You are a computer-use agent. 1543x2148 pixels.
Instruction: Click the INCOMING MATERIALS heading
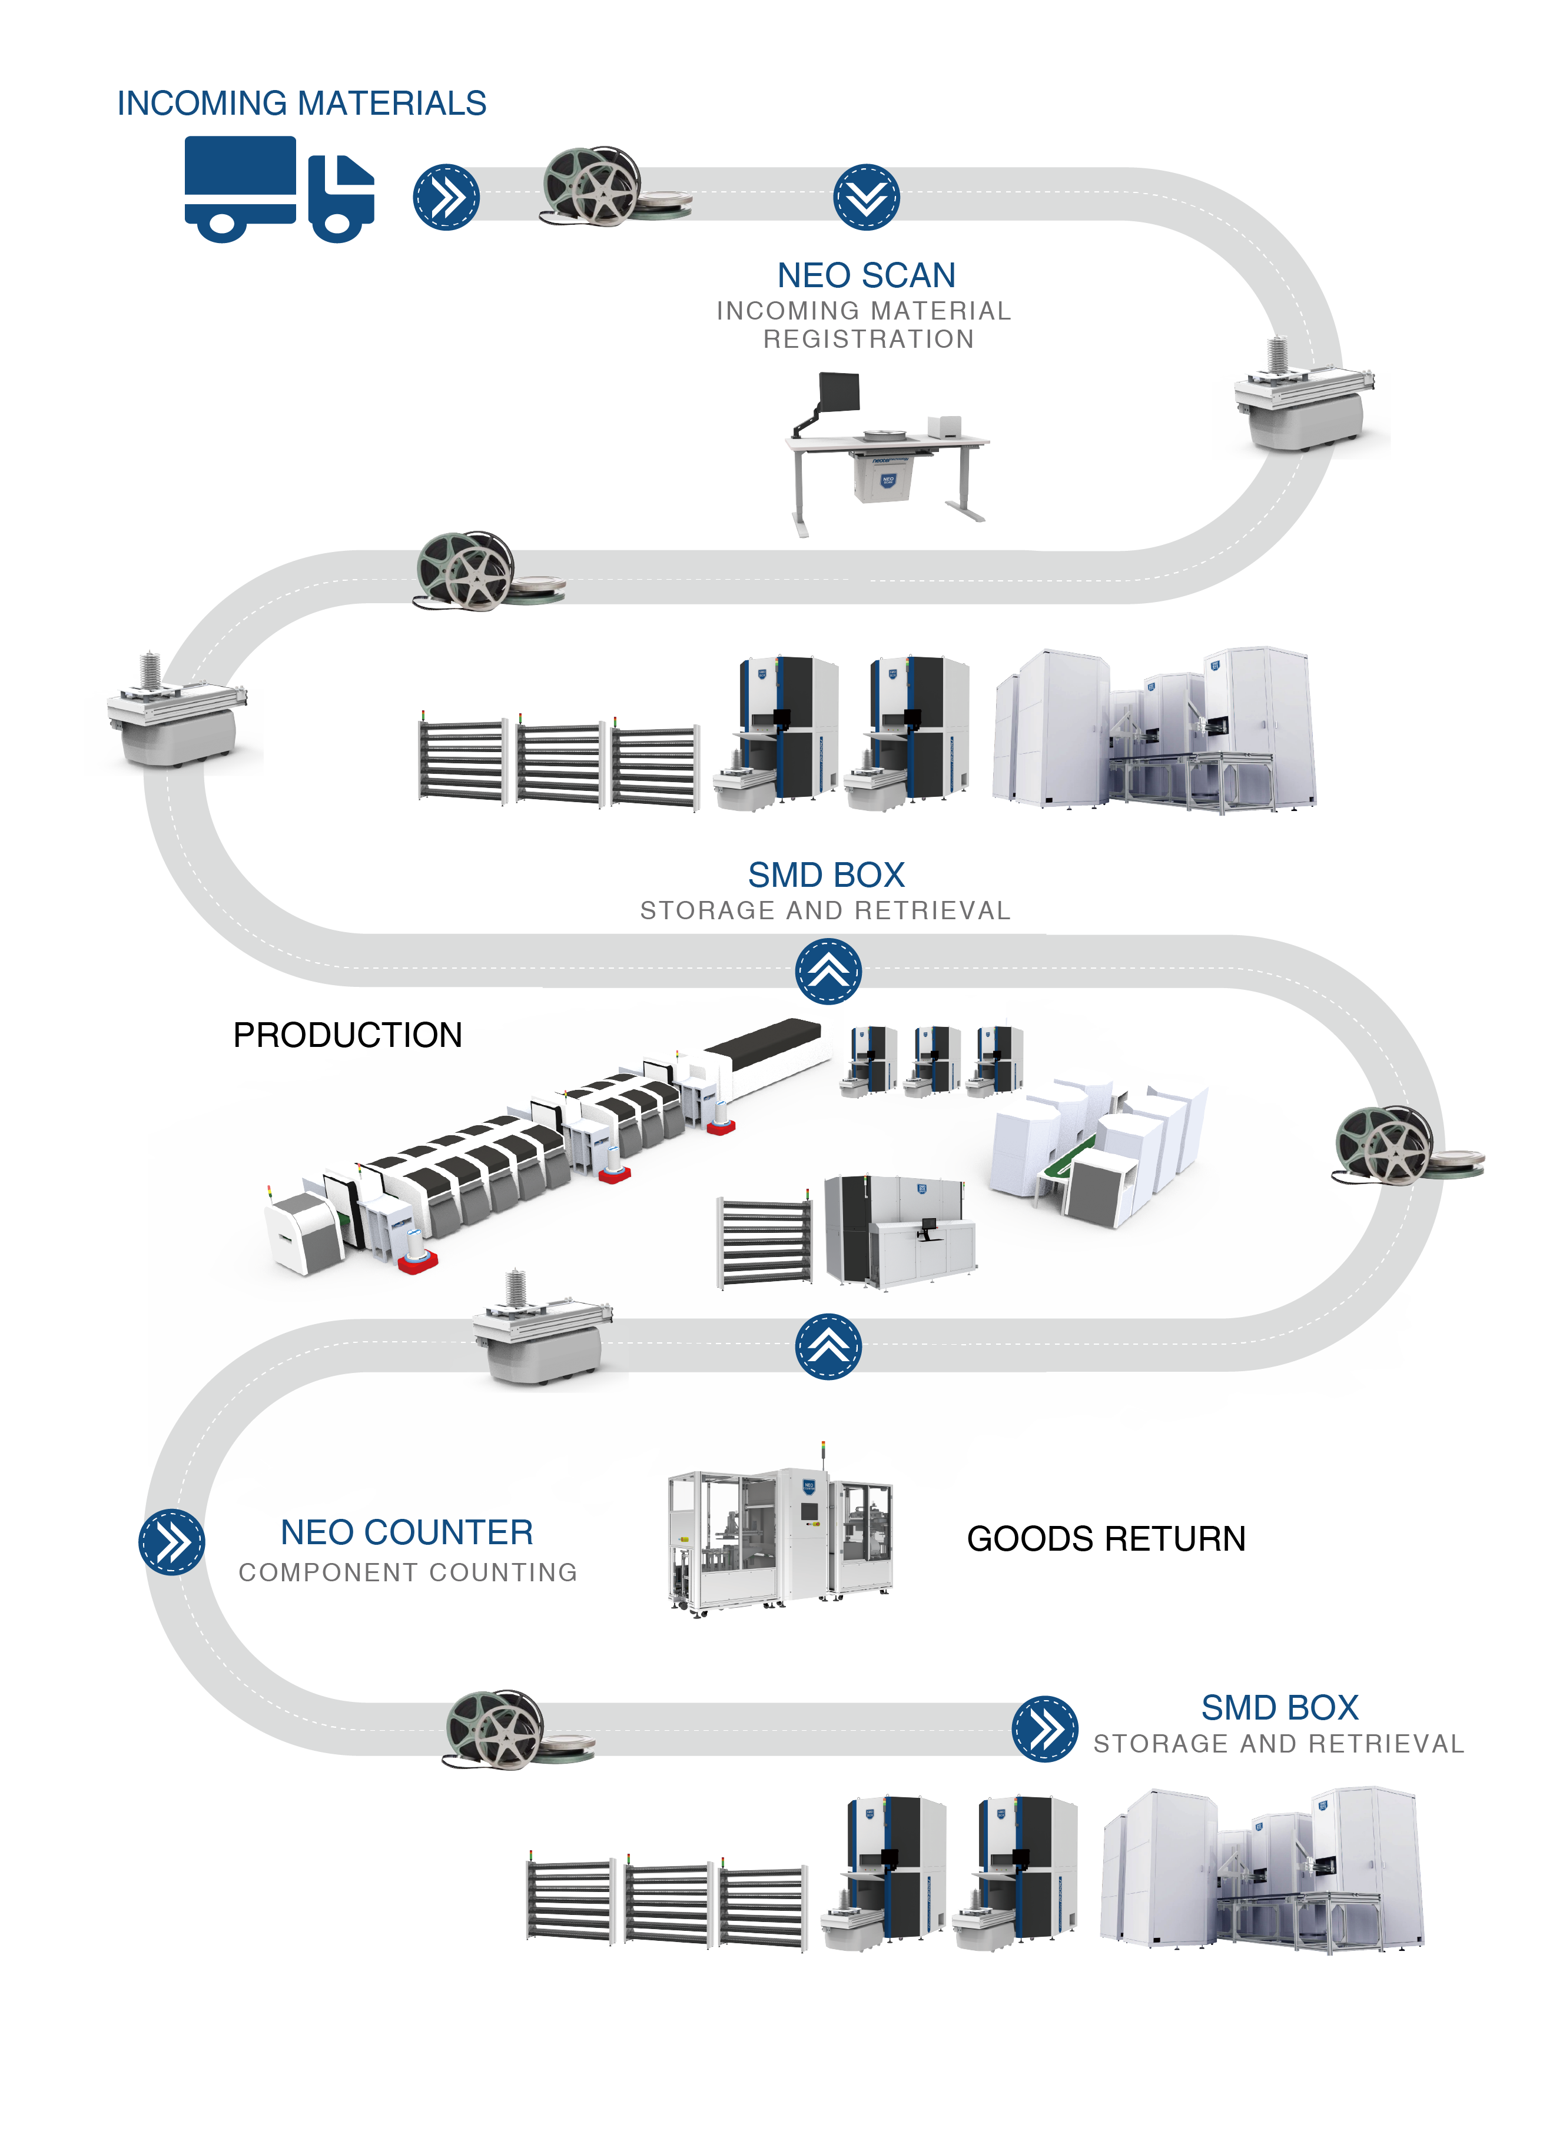[301, 103]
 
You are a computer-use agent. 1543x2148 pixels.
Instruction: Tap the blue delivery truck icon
[278, 189]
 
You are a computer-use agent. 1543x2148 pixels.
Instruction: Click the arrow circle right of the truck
[445, 197]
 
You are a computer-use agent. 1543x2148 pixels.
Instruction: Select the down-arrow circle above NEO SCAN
[866, 197]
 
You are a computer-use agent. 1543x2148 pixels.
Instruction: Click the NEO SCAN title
[866, 275]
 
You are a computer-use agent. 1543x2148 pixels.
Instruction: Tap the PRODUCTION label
[347, 1035]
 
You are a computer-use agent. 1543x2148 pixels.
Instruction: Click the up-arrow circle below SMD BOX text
[828, 971]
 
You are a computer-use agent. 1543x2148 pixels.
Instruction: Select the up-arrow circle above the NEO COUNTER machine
[828, 1346]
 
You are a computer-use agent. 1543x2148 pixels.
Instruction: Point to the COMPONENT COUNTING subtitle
[407, 1572]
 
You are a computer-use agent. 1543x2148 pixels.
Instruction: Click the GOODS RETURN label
[1106, 1539]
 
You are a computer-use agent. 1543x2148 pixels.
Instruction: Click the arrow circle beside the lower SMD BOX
[1045, 1728]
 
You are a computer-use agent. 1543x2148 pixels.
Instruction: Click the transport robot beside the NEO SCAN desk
[1302, 398]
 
